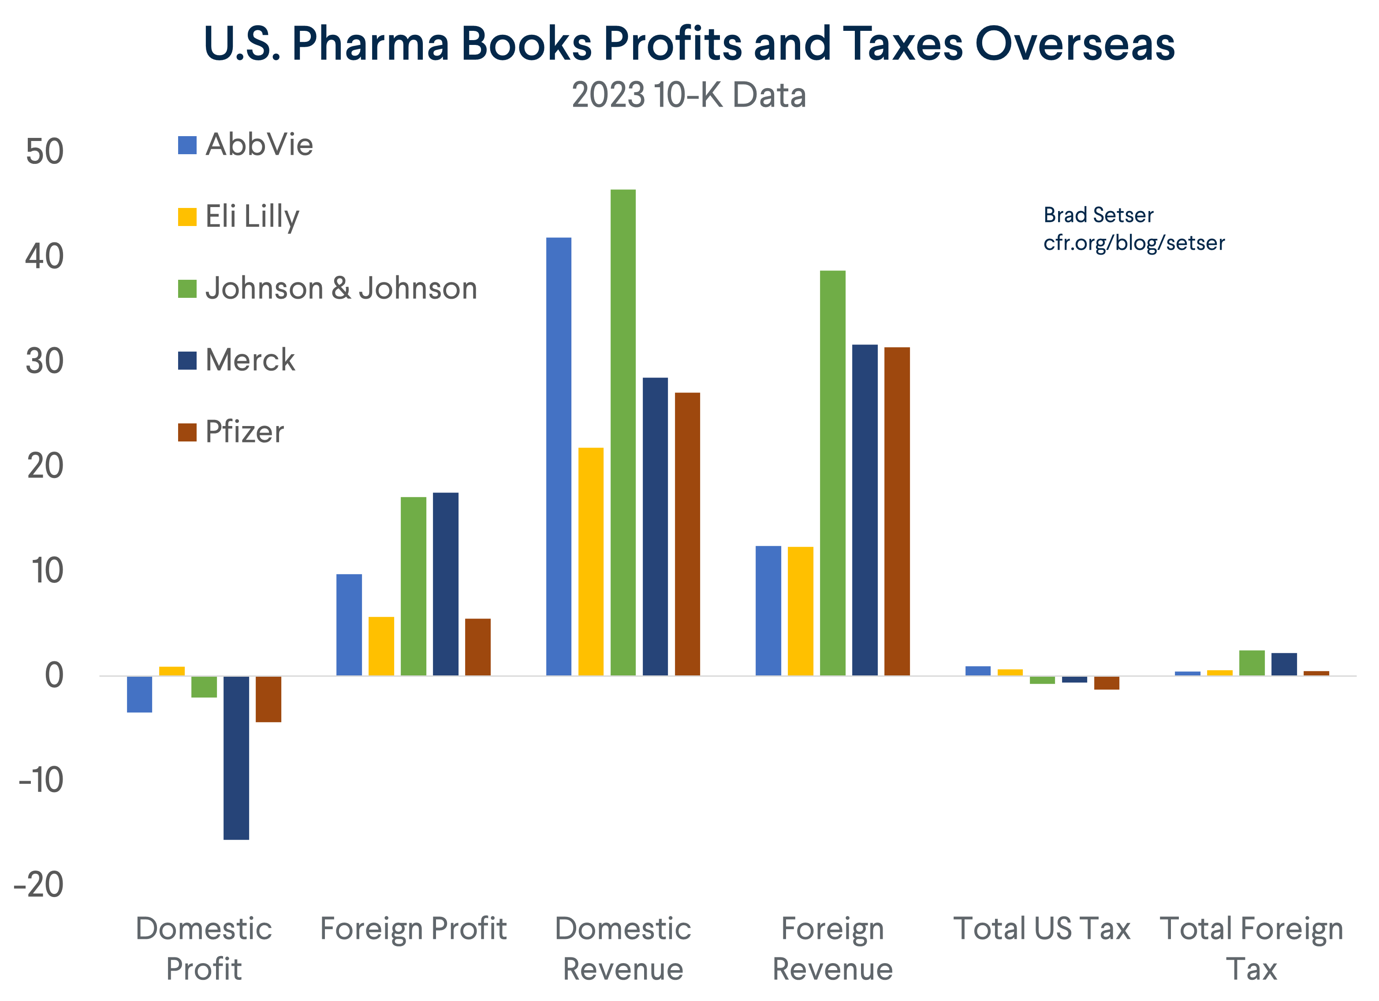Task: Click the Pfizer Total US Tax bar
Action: point(1107,682)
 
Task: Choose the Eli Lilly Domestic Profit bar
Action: point(172,671)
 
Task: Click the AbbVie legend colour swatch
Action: point(187,145)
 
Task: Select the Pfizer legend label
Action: point(244,432)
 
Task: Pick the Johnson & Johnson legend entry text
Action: point(341,288)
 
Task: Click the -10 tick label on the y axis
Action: point(41,780)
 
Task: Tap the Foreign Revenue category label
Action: point(832,948)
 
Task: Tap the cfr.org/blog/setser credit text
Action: point(1133,243)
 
